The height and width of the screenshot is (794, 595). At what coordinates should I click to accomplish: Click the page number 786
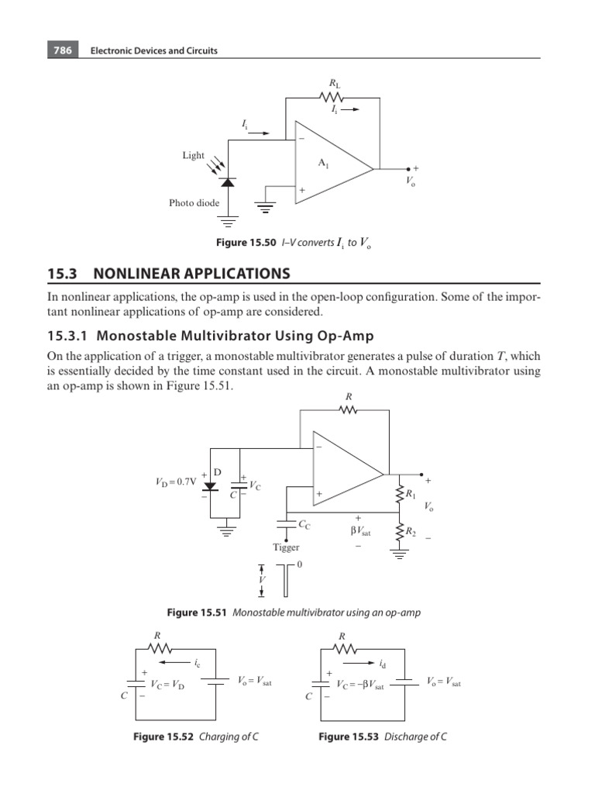[x=62, y=50]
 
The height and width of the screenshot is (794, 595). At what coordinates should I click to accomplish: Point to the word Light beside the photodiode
[x=194, y=155]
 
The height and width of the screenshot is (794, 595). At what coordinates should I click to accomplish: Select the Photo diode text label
[x=194, y=203]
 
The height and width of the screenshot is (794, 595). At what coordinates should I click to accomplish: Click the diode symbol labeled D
[x=210, y=487]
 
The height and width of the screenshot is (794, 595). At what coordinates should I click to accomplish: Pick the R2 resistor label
[x=411, y=532]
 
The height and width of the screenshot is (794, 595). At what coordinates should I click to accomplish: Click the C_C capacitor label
[x=304, y=525]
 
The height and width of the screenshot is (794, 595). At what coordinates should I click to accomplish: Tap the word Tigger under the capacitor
[x=285, y=547]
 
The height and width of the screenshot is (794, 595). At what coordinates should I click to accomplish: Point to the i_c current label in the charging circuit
[x=198, y=664]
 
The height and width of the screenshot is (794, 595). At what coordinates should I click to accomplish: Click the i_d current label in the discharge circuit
[x=384, y=664]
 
